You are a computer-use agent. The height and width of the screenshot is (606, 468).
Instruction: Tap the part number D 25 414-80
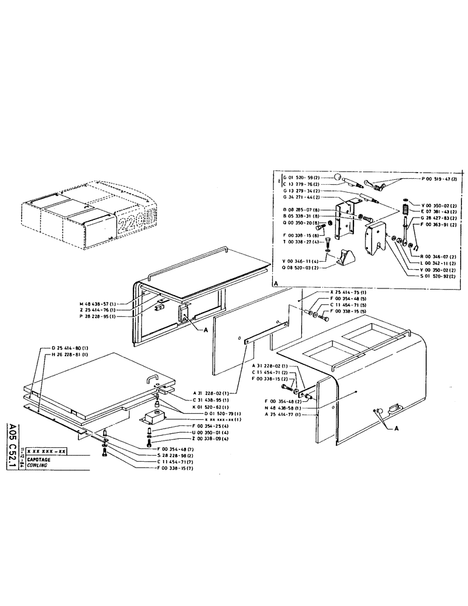[65, 348]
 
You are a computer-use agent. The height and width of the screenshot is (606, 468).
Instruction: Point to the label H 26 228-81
[65, 355]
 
